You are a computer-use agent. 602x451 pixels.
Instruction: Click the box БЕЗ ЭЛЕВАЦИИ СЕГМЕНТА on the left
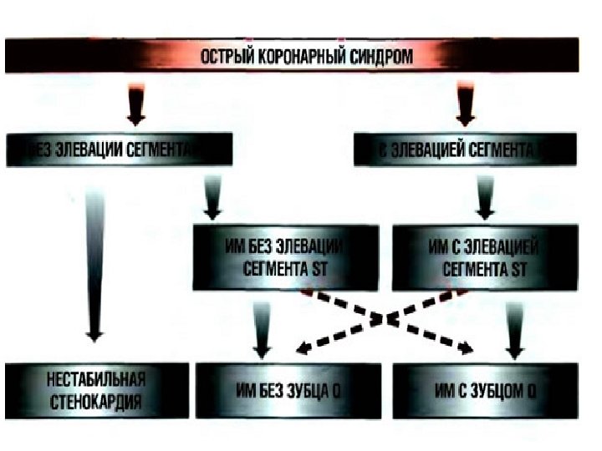coord(117,151)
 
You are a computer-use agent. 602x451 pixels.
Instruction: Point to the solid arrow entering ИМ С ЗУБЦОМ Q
coord(513,330)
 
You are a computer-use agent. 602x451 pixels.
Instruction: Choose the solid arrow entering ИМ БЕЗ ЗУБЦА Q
coord(262,330)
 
